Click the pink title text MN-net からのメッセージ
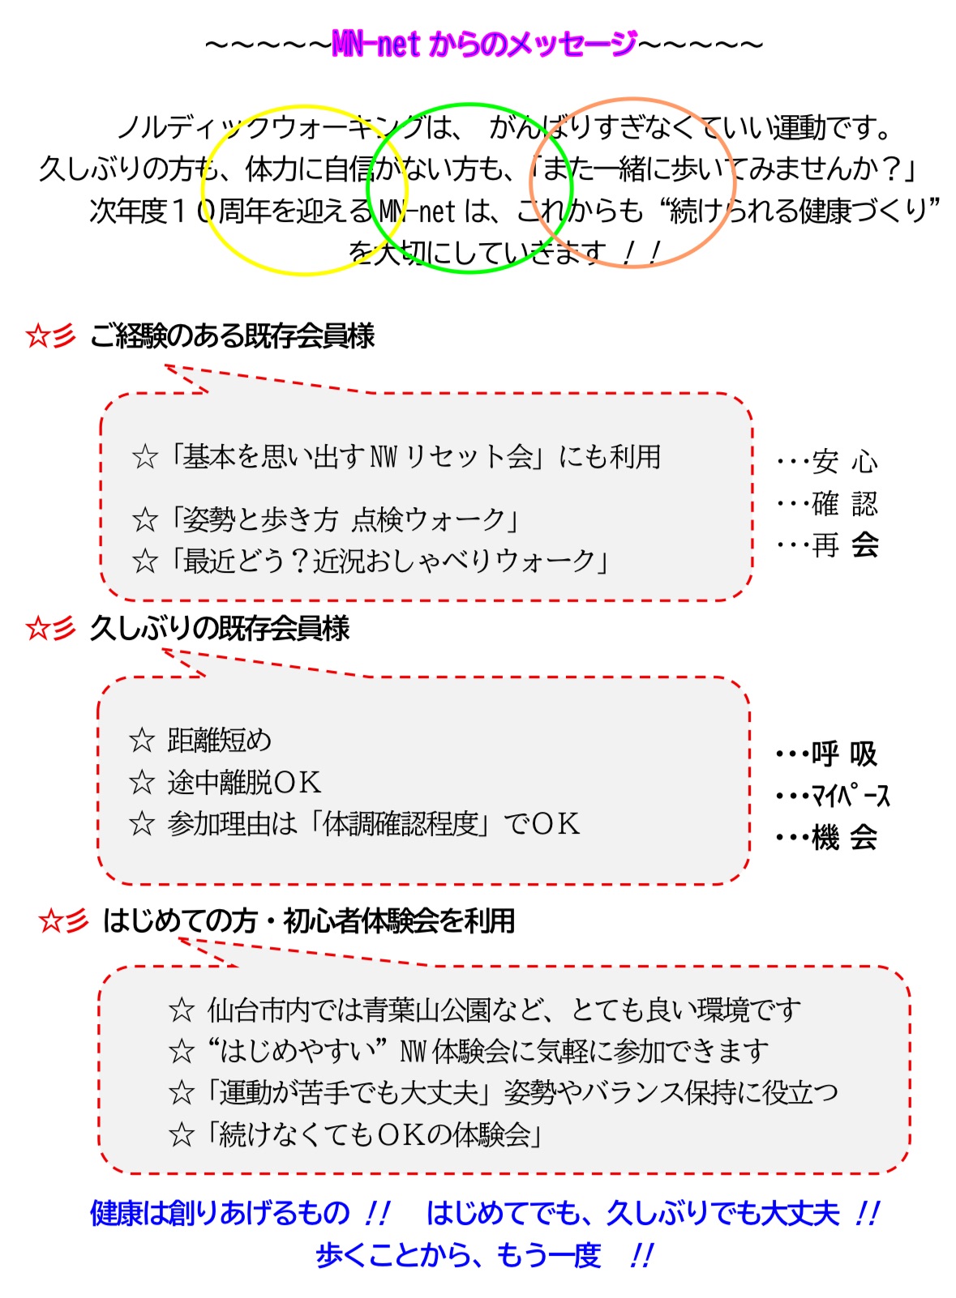(x=484, y=45)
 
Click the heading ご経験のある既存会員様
(x=232, y=335)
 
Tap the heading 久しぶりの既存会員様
(x=219, y=628)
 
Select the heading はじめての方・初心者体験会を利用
(x=309, y=920)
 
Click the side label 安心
(x=844, y=462)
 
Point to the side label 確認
(x=844, y=504)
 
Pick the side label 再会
(x=844, y=545)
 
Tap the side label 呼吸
(x=844, y=754)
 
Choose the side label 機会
(x=844, y=837)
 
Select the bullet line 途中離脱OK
(x=243, y=782)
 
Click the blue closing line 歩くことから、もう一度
(x=458, y=1255)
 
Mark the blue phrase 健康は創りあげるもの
(x=219, y=1213)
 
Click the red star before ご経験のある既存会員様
(x=38, y=335)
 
